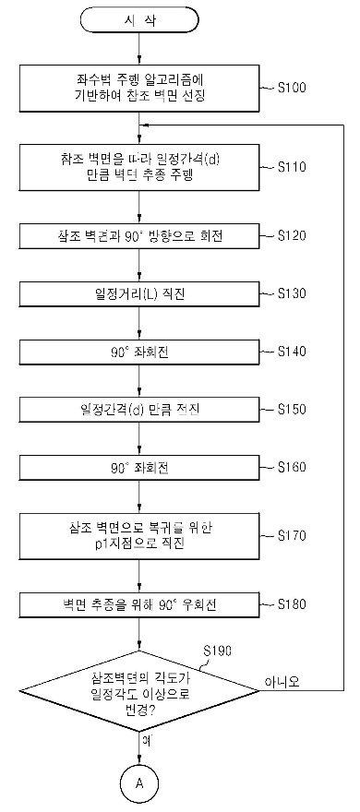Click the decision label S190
(x=218, y=651)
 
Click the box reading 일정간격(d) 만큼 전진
(x=138, y=410)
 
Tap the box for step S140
(x=138, y=352)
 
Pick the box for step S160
(x=138, y=468)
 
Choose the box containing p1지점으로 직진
(x=138, y=535)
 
